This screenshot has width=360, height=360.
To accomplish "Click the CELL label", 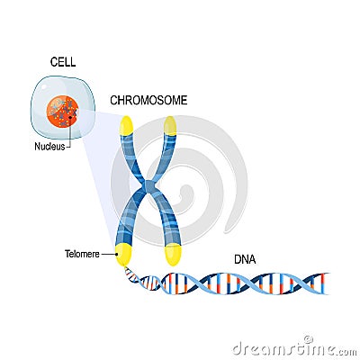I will pyautogui.click(x=62, y=62).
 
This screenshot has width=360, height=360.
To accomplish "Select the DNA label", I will pyautogui.click(x=245, y=260).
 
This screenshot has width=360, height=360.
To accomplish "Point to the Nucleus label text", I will pyautogui.click(x=49, y=146).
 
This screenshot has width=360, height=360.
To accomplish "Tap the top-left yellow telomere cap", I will pyautogui.click(x=127, y=125).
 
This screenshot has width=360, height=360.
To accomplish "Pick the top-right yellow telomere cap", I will pyautogui.click(x=170, y=125).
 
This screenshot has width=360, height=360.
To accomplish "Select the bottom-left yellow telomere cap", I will pyautogui.click(x=122, y=255).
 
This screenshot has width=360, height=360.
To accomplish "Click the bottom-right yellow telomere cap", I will pyautogui.click(x=173, y=255).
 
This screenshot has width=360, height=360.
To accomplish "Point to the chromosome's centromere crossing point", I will pyautogui.click(x=148, y=189).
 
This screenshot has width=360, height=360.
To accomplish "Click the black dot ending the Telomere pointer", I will pyautogui.click(x=117, y=255).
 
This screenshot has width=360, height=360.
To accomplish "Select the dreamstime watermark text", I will pyautogui.click(x=289, y=347).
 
